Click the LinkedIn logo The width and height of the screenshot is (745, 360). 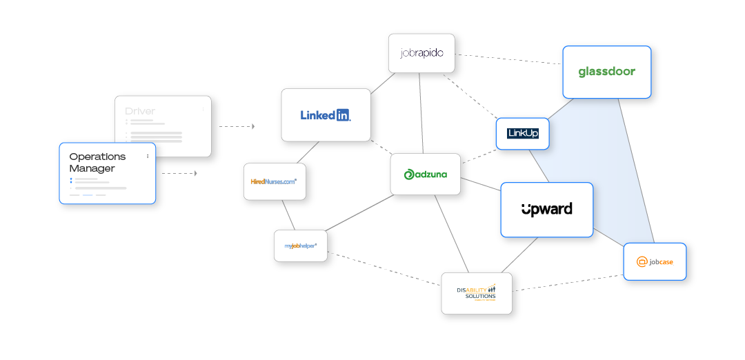pos(326,115)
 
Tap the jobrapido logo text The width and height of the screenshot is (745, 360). pos(421,53)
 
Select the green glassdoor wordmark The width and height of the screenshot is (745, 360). pos(606,72)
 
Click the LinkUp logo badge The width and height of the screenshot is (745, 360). pos(522,133)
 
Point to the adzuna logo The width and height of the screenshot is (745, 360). pos(425,174)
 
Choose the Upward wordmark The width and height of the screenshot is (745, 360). pos(546,209)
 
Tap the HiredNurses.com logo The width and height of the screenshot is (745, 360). pos(274,181)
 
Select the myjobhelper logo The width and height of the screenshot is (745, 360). pos(301,246)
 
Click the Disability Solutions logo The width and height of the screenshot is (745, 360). pos(476,292)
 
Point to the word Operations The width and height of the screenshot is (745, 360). pos(97,157)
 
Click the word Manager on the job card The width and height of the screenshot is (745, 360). pos(92,168)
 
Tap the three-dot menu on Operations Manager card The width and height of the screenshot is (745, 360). pos(148,157)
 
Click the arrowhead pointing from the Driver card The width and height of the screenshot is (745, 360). pos(253,126)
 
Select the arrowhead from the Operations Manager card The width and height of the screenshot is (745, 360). pos(195,173)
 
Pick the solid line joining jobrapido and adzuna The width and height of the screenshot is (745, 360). pos(419,110)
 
